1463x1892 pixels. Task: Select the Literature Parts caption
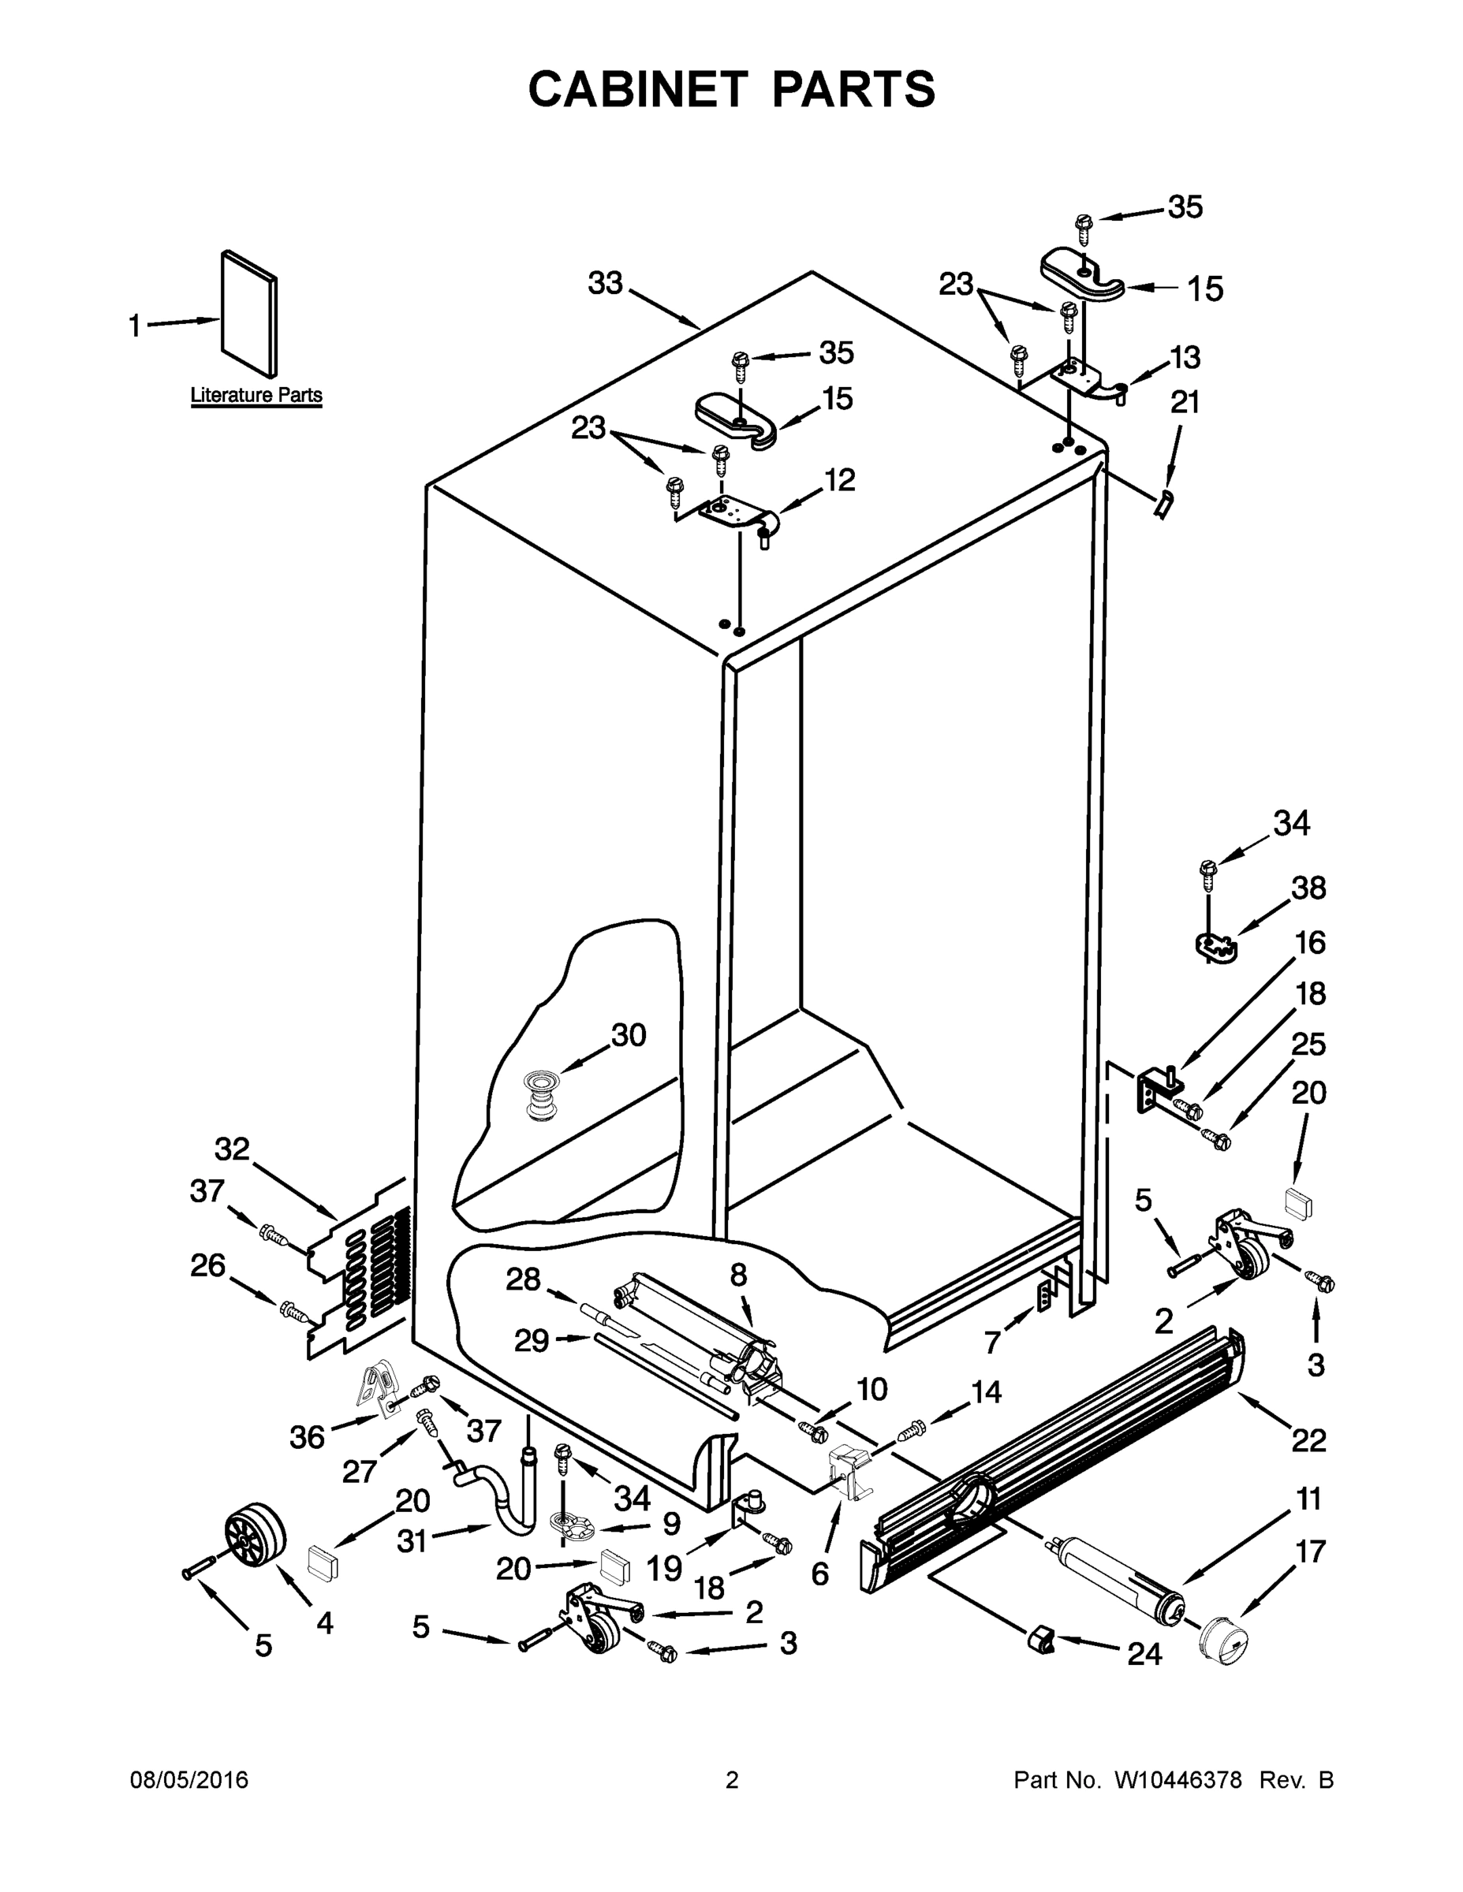tap(256, 395)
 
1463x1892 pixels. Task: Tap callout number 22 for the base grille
tap(1308, 1439)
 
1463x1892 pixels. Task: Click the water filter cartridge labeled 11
tap(1118, 1579)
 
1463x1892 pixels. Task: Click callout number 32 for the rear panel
tap(233, 1149)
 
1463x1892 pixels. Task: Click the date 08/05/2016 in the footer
tap(189, 1780)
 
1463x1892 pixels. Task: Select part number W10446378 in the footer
tap(1177, 1780)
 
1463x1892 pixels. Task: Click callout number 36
tap(308, 1437)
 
